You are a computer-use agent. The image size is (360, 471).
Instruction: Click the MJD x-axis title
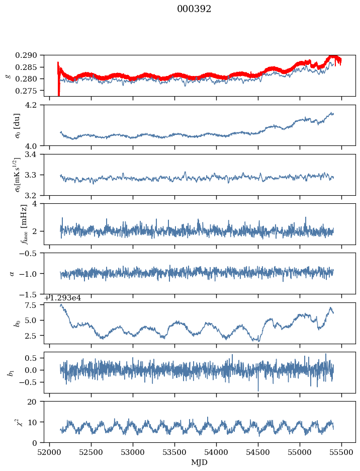coord(200,462)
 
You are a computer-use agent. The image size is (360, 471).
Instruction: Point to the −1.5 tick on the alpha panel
coord(30,294)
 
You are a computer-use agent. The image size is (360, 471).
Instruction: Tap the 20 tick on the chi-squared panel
coord(35,402)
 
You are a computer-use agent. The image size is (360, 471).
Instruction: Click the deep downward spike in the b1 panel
coord(258,389)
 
